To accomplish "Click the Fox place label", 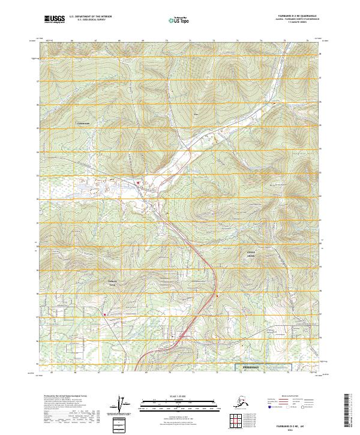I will [x=196, y=113].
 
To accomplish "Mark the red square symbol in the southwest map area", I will [x=104, y=313].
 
